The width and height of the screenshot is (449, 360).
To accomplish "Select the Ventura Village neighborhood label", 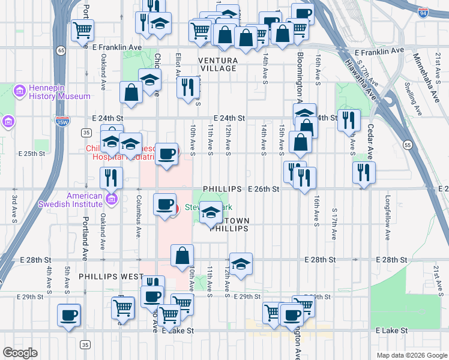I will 218,64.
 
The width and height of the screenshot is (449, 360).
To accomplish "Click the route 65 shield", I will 61,50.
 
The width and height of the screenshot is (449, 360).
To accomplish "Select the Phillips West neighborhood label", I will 111,277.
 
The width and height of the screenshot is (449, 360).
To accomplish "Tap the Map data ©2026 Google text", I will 411,355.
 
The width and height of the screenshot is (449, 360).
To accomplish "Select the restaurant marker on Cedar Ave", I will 364,173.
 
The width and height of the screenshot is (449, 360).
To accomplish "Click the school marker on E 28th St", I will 241,263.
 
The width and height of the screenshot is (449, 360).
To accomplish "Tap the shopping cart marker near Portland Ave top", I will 82,30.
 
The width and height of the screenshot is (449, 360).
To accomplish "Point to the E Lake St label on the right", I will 391,331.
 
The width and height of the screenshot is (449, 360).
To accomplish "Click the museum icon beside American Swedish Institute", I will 111,199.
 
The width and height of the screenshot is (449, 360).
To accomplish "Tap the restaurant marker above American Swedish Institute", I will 112,177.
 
